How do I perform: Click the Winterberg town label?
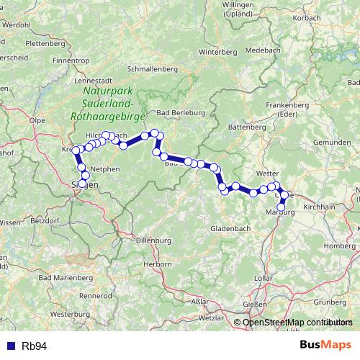tap(217, 53)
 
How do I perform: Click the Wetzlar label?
tap(212, 318)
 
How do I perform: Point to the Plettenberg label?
tap(31, 43)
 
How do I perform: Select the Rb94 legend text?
tap(34, 346)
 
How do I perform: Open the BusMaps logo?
tap(325, 346)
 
